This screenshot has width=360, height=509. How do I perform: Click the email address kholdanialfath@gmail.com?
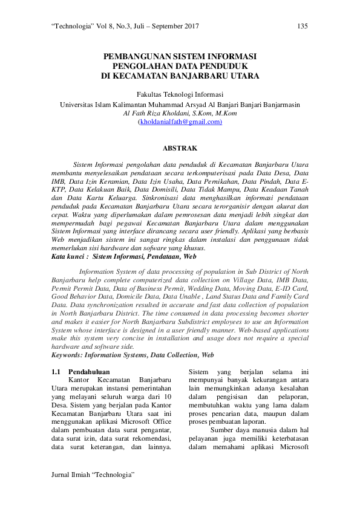(x=180, y=122)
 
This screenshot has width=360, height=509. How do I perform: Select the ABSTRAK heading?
(x=180, y=148)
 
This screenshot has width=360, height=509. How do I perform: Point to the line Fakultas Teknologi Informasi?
(x=180, y=95)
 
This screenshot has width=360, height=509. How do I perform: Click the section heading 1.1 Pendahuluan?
(x=85, y=372)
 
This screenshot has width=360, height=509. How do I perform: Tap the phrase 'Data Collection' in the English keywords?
(x=174, y=355)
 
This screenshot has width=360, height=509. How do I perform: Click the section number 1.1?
(x=56, y=372)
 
